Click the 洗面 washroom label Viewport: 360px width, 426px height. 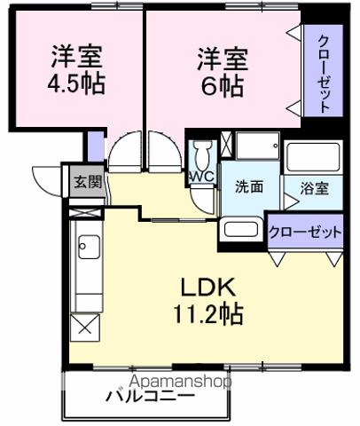coord(249,186)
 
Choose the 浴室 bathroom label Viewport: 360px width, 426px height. coord(314,187)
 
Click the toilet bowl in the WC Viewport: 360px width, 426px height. coord(201,156)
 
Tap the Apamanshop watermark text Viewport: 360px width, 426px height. coord(181,382)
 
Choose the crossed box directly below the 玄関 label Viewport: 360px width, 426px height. coord(85,210)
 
